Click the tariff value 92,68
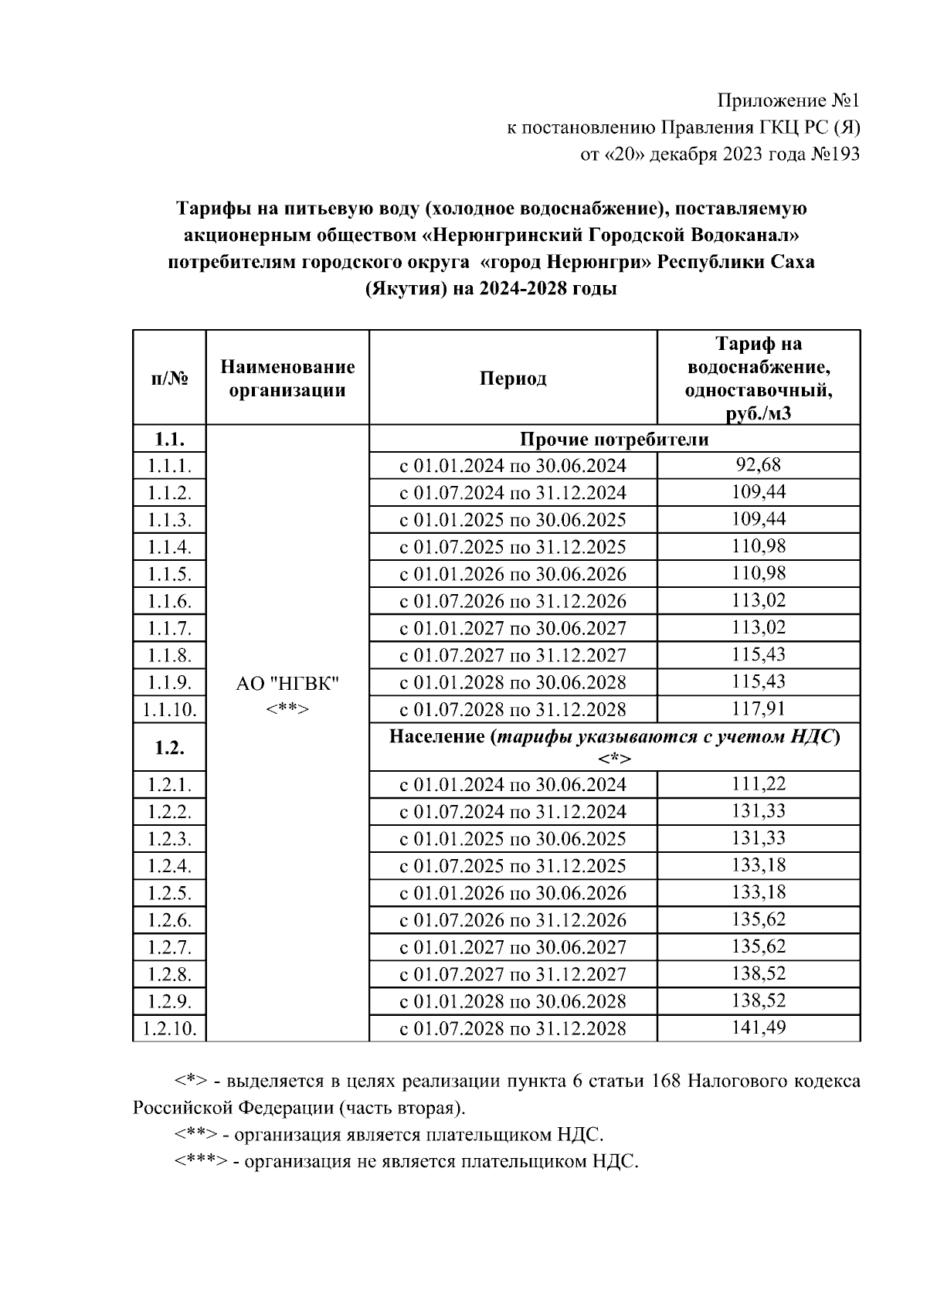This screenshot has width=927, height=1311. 758,465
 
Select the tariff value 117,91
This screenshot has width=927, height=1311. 758,708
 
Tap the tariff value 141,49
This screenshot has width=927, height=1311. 758,1027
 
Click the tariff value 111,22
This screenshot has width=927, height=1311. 758,784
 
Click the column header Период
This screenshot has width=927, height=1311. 513,378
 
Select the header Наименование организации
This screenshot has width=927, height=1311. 287,378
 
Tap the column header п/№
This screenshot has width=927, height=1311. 169,378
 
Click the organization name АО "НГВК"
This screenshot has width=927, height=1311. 287,684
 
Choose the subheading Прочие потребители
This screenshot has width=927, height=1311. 614,439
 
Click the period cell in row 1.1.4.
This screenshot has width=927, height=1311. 513,547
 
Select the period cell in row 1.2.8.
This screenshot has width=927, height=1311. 513,974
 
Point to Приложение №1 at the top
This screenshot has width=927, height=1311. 788,100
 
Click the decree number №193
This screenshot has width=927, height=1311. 834,155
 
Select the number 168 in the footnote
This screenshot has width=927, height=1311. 666,1081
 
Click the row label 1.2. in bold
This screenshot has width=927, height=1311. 169,747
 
